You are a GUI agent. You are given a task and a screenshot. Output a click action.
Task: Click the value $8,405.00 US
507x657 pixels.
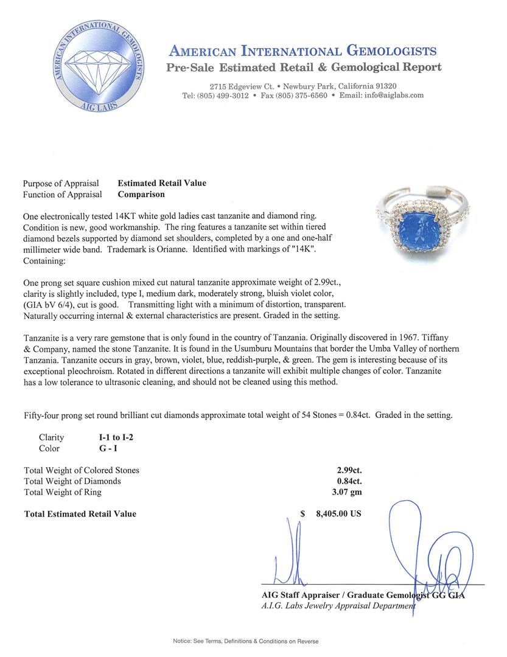[x=338, y=513]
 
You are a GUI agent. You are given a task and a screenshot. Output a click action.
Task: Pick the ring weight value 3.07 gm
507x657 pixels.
[x=349, y=492]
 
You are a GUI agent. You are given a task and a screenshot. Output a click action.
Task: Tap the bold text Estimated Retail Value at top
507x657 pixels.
[x=161, y=183]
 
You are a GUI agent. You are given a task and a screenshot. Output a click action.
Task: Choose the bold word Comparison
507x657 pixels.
[x=141, y=195]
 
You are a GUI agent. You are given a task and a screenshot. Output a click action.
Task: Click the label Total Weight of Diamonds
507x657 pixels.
[x=72, y=481]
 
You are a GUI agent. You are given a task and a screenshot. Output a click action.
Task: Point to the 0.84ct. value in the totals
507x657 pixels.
[x=349, y=481]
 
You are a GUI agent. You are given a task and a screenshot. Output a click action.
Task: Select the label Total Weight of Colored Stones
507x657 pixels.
[x=82, y=470]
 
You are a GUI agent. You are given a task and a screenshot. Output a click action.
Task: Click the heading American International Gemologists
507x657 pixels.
[x=302, y=51]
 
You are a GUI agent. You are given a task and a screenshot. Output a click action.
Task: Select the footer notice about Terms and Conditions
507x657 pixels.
[x=245, y=641]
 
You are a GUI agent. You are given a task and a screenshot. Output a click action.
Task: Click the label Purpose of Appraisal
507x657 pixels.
[x=61, y=183]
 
